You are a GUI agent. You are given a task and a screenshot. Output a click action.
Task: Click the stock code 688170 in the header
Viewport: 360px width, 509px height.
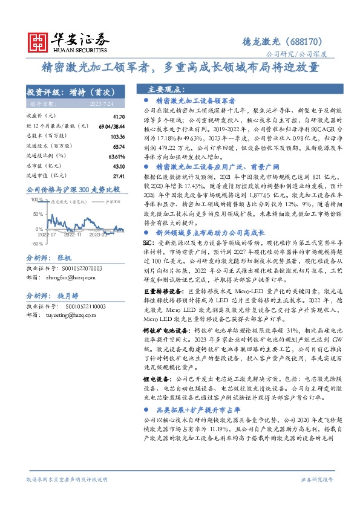point(313,42)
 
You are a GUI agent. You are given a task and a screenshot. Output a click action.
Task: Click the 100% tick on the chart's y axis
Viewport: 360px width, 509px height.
point(36,199)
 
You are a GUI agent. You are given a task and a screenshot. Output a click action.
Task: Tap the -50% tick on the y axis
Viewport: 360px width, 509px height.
point(36,243)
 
